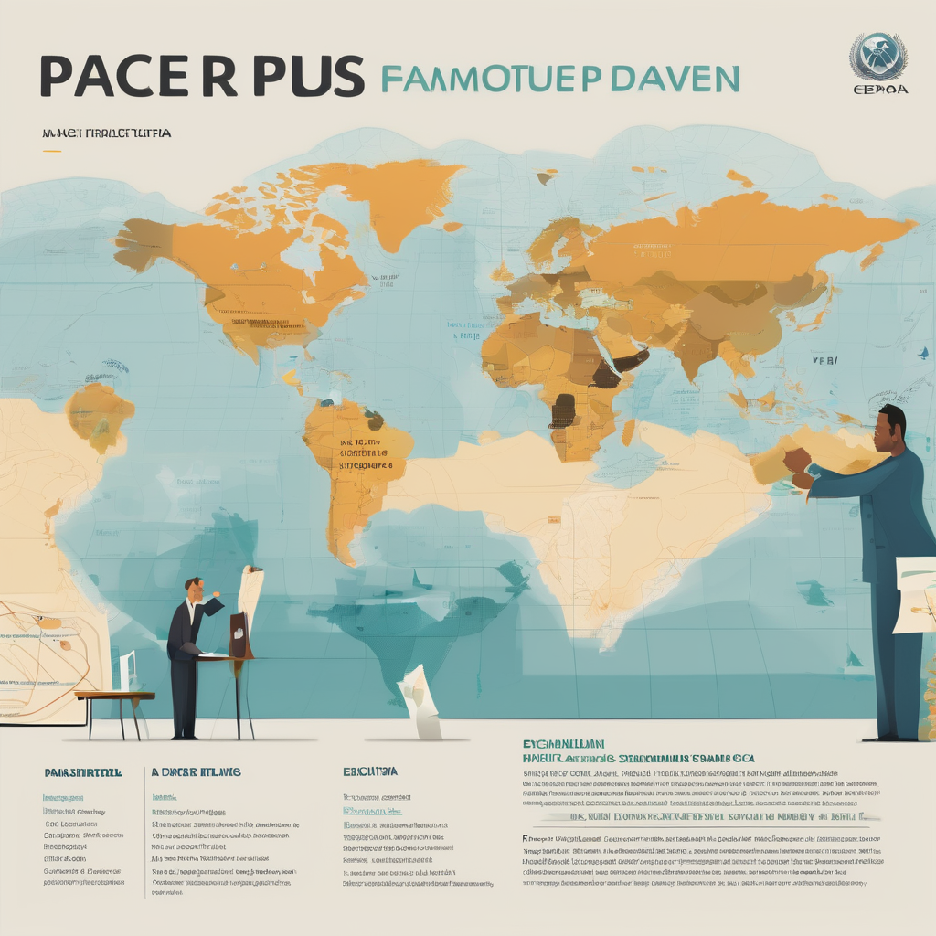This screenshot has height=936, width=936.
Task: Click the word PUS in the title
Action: coord(308,77)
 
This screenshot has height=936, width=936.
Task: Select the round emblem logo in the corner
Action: coord(877,57)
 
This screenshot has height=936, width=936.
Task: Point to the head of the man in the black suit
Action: coord(194,588)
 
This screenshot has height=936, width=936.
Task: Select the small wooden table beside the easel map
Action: coord(115,704)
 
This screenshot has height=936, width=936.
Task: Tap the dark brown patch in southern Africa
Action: coord(563,410)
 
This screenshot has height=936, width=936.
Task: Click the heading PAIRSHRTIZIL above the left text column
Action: coord(82,772)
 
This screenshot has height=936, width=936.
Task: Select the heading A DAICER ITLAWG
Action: coord(196,772)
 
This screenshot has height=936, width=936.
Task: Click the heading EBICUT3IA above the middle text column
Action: coord(370,772)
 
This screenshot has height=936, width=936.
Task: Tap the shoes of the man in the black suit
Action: coord(186,735)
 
